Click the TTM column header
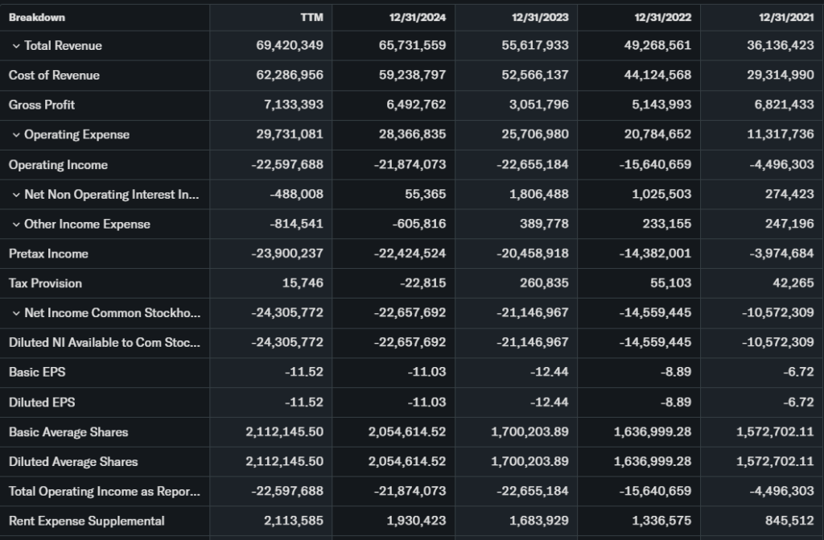311,17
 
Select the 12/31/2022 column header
661,17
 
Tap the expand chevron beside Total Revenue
16,46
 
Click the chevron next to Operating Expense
16,134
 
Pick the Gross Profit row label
42,105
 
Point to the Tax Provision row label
45,283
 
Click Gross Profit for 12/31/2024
412,105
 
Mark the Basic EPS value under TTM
304,373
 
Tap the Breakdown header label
37,17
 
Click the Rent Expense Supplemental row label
87,521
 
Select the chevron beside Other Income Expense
16,224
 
